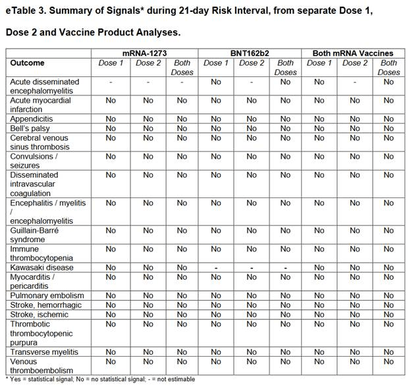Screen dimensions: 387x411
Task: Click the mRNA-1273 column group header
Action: coord(144,53)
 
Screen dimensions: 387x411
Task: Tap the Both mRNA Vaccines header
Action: coord(353,53)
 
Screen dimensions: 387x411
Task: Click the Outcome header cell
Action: coord(28,63)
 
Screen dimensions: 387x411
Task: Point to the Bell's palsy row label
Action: coord(32,128)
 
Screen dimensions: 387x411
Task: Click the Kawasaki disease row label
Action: coord(41,268)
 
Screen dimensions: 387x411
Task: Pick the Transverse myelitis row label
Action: coord(44,352)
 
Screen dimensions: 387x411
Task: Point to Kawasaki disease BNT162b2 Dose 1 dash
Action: coord(216,268)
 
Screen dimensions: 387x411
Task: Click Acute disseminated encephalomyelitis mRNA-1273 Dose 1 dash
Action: coord(111,82)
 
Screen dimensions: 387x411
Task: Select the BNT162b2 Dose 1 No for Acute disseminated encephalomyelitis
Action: coord(216,82)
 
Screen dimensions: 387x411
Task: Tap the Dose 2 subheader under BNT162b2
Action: coord(251,63)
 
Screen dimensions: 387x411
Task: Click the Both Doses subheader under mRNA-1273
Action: coord(182,67)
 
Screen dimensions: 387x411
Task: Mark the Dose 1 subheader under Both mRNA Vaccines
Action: coord(319,63)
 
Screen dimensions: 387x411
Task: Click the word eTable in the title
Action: coord(22,11)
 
